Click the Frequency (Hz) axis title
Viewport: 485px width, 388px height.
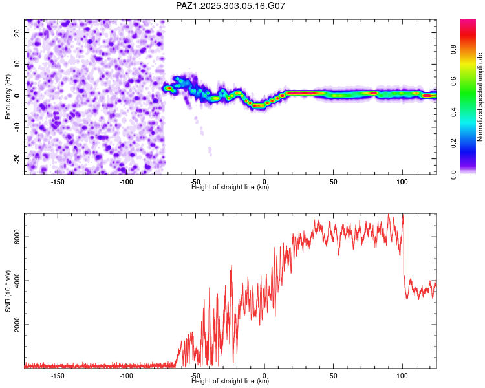click(8, 96)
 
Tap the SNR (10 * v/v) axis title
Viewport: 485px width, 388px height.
click(8, 290)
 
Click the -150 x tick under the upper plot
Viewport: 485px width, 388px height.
click(57, 182)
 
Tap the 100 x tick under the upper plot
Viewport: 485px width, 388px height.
click(402, 182)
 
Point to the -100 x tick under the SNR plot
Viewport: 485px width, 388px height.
click(126, 376)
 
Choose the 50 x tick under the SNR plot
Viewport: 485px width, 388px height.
click(333, 376)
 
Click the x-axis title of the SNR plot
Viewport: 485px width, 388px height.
click(230, 382)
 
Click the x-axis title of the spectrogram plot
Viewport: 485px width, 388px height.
click(230, 188)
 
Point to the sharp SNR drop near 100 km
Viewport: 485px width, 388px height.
click(404, 259)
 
